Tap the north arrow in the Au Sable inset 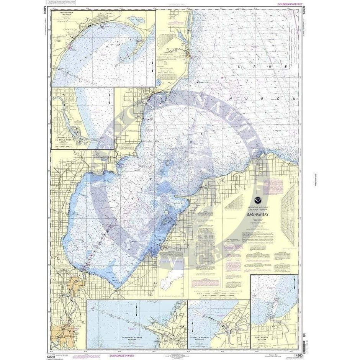(x=110, y=98)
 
